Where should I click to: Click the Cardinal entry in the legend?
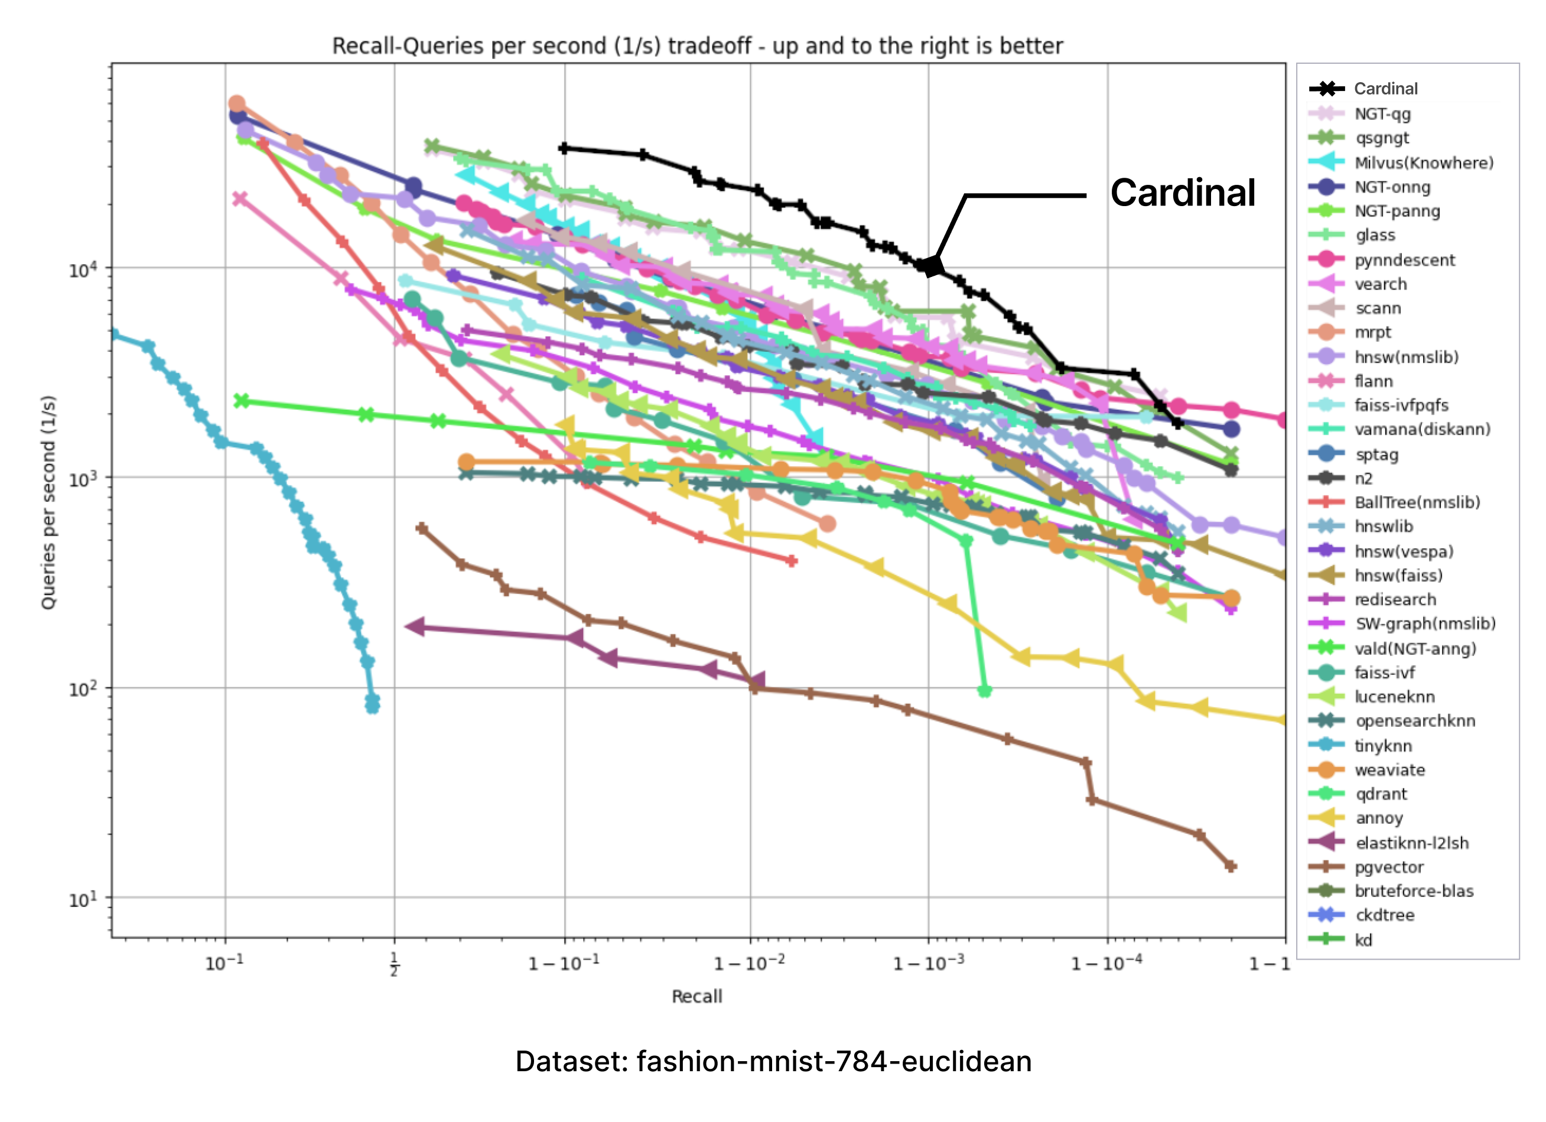pyautogui.click(x=1385, y=89)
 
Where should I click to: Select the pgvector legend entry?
pyautogui.click(x=1388, y=867)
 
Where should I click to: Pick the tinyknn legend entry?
pyautogui.click(x=1383, y=746)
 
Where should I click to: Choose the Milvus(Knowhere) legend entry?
pyautogui.click(x=1423, y=163)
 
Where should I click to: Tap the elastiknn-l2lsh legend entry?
pyautogui.click(x=1412, y=843)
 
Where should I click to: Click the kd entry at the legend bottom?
pyautogui.click(x=1363, y=940)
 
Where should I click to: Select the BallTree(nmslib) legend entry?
pyautogui.click(x=1417, y=503)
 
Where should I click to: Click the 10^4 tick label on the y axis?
pyautogui.click(x=83, y=270)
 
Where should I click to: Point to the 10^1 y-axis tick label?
pyautogui.click(x=83, y=899)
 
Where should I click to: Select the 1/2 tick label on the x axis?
pyautogui.click(x=394, y=964)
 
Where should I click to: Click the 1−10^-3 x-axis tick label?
pyautogui.click(x=929, y=963)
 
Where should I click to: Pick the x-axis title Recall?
pyautogui.click(x=696, y=997)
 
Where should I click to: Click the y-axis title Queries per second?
pyautogui.click(x=48, y=502)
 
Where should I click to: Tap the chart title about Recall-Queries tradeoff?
pyautogui.click(x=696, y=46)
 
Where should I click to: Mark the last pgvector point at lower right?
pyautogui.click(x=1231, y=866)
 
